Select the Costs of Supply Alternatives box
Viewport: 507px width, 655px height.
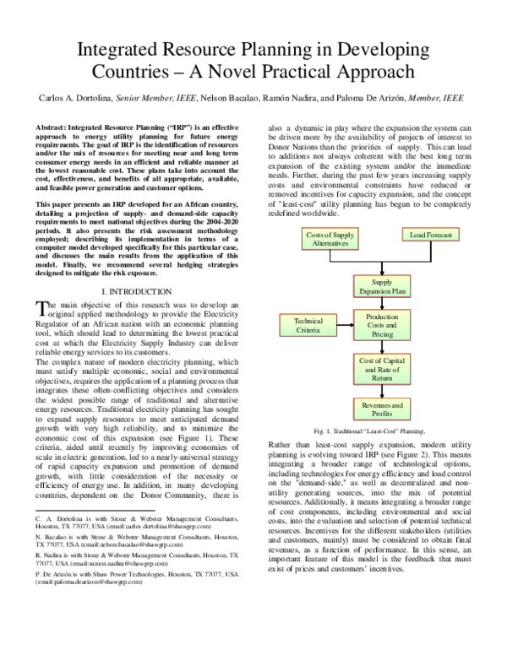pos(307,239)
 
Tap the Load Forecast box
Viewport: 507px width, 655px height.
pos(430,234)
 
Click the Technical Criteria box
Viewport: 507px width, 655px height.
pos(308,326)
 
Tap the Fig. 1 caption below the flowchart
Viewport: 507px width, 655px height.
pos(368,430)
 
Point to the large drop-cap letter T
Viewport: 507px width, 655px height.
pos(43,309)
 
